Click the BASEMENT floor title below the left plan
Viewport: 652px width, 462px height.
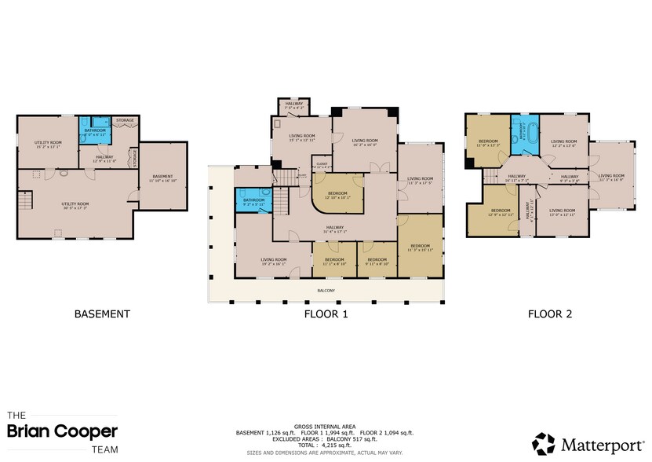point(101,313)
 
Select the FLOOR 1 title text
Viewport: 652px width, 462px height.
point(326,313)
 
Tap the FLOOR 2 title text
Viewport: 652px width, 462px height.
point(549,313)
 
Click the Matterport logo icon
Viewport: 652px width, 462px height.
point(543,442)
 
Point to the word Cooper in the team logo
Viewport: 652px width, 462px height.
point(89,431)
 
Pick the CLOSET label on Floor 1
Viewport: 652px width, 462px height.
point(322,165)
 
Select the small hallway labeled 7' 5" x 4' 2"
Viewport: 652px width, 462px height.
point(293,106)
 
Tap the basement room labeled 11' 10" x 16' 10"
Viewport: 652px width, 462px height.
point(162,178)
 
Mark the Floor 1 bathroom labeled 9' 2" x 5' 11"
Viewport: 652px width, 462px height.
point(254,201)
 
